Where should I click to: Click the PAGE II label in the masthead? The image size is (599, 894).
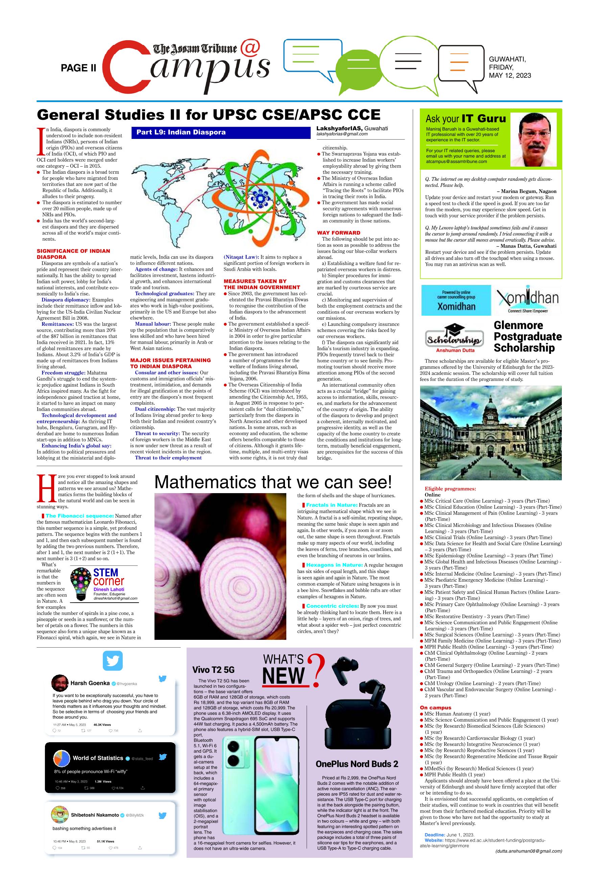(78, 68)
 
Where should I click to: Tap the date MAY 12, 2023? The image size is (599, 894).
(510, 76)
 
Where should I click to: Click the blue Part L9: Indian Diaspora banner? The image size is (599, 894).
(220, 132)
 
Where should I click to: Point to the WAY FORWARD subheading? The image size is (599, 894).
(338, 233)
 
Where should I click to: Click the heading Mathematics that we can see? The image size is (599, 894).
(273, 482)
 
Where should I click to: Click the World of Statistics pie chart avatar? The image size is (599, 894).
(62, 758)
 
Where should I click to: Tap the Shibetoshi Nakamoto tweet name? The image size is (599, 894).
(95, 815)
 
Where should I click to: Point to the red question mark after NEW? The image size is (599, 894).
(315, 670)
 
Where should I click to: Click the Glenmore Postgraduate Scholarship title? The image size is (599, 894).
(528, 336)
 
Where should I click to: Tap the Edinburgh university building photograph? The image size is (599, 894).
(490, 432)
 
